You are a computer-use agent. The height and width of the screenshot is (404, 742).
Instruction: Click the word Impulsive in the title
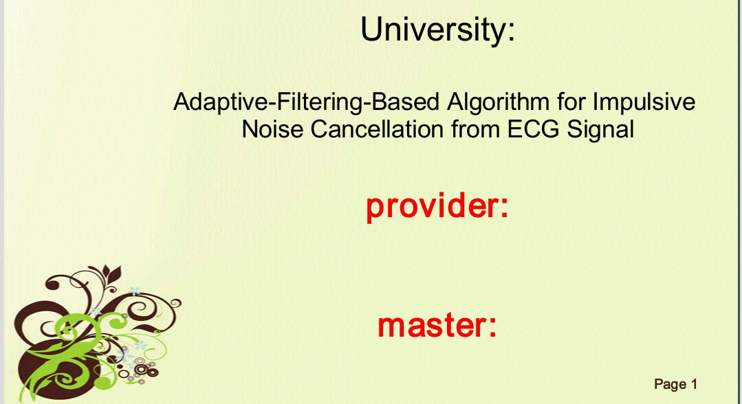pos(644,102)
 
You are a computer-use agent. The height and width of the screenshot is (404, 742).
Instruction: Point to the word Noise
pos(272,128)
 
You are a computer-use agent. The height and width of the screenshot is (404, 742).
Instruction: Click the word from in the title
pos(475,128)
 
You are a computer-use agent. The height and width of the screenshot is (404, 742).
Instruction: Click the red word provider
pos(430,206)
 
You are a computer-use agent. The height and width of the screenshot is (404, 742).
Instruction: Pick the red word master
pos(430,325)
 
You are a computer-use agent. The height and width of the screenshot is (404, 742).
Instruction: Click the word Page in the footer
pos(670,385)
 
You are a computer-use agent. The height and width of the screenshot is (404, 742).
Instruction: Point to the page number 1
pos(694,384)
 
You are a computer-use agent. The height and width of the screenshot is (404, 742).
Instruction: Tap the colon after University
pos(511,33)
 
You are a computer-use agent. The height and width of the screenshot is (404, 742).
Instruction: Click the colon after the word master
pos(492,327)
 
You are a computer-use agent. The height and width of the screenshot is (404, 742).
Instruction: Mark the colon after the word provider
pos(504,208)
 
